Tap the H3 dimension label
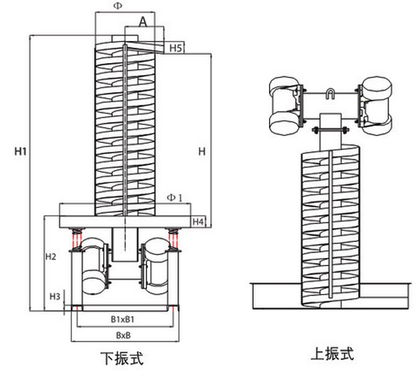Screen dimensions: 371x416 pos(55,296)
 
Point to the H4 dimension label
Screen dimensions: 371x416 pos(198,222)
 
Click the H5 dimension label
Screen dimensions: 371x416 pos(175,48)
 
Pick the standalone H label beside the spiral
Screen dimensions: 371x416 pos(201,150)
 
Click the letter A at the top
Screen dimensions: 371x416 pos(144,22)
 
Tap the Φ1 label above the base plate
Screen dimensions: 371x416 pos(174,198)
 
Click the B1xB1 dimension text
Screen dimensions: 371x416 pos(123,320)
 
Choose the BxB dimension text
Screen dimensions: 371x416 pos(124,335)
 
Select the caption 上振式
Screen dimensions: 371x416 pos(331,354)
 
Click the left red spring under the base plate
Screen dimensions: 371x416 pos(77,239)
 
